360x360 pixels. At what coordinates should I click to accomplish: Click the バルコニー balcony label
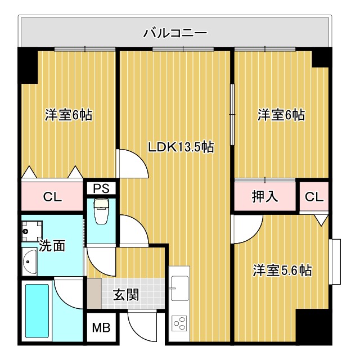pos(175,33)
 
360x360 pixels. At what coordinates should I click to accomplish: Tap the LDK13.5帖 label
pos(180,147)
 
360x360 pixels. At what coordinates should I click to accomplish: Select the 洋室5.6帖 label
pos(282,270)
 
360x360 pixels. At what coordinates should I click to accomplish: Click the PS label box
pos(101,188)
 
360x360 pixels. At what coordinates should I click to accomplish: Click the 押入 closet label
pos(265,197)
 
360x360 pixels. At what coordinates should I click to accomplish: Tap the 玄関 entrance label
pos(126,294)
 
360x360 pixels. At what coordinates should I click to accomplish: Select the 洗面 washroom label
pos(52,246)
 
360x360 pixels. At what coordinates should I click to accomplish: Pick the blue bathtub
pos(38,312)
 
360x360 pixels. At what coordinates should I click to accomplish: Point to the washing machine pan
pos(31,229)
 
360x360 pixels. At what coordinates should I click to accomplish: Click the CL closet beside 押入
pos(314,197)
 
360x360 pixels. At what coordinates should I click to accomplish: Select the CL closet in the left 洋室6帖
pos(52,197)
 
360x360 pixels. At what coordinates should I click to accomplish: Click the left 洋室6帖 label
pos(69,115)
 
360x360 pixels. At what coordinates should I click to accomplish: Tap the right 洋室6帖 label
pos(281,115)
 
